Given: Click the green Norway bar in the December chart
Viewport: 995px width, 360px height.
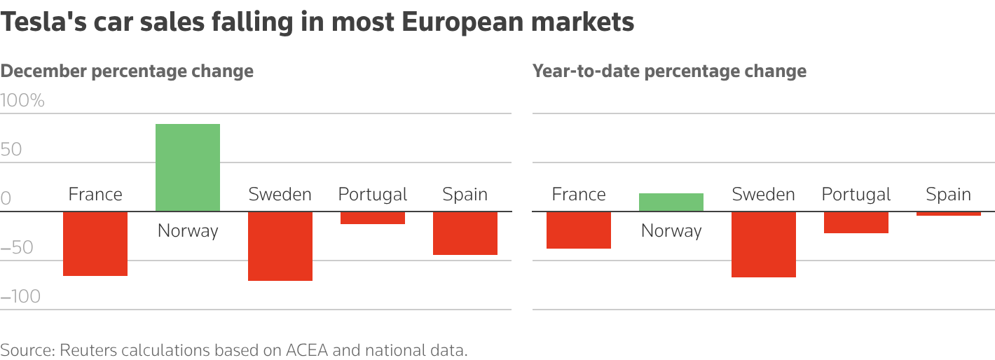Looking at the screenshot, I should pyautogui.click(x=187, y=167).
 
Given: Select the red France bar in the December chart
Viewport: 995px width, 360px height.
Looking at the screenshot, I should pyautogui.click(x=95, y=244).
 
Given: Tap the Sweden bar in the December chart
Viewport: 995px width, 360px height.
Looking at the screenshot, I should pyautogui.click(x=280, y=246).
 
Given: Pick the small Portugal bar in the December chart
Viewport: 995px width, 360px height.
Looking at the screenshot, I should pyautogui.click(x=372, y=218).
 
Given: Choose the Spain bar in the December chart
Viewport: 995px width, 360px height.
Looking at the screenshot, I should pyautogui.click(x=465, y=233).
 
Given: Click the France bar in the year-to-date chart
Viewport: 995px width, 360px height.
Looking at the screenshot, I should pyautogui.click(x=579, y=230).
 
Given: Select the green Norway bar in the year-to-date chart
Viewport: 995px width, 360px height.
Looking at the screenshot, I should pyautogui.click(x=671, y=202).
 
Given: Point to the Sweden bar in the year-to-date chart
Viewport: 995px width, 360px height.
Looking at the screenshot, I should pyautogui.click(x=763, y=244).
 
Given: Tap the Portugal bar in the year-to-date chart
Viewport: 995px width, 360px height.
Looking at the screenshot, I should pyautogui.click(x=856, y=222).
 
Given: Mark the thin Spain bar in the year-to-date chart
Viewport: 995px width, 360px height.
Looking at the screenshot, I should pyautogui.click(x=948, y=214).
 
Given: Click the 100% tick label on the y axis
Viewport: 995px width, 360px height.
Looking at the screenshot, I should pyautogui.click(x=22, y=101).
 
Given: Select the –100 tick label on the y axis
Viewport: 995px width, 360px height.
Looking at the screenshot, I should pyautogui.click(x=20, y=297).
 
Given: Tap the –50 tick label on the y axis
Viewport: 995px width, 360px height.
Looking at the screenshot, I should pyautogui.click(x=18, y=248).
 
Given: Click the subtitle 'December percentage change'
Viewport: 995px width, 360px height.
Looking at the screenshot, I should pyautogui.click(x=127, y=71).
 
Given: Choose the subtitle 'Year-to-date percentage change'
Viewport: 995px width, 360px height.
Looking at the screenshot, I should pyautogui.click(x=669, y=71).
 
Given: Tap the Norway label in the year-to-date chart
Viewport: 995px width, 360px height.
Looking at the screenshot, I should pyautogui.click(x=671, y=230).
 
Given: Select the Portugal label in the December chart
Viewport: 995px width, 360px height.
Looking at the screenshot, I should pyautogui.click(x=372, y=194).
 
